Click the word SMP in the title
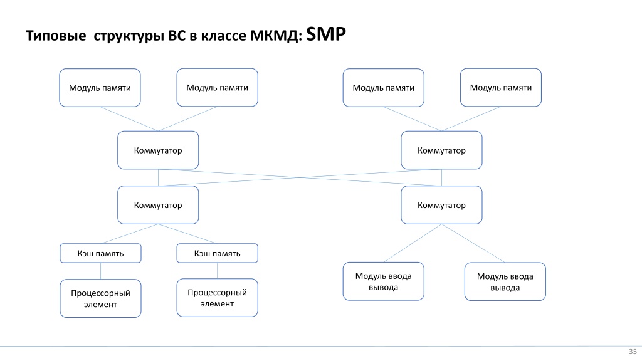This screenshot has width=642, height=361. point(326,34)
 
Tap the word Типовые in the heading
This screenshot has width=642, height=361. point(56,36)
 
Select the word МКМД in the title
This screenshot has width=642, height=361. point(275,36)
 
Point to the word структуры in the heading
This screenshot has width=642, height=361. point(129,36)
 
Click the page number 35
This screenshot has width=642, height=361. point(633,352)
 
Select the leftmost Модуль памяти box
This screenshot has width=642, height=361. point(100,88)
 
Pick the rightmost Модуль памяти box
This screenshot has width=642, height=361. point(501,88)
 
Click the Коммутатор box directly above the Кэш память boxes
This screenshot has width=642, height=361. point(158,205)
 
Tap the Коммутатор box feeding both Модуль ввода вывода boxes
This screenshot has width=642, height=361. point(441,205)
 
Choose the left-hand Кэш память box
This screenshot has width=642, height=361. point(101,253)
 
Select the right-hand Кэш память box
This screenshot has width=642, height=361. point(217,253)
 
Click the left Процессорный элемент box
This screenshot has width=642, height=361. point(101,298)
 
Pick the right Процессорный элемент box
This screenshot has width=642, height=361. point(217,298)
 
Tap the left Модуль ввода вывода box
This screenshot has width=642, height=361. point(383,281)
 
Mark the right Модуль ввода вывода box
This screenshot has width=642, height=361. point(505,281)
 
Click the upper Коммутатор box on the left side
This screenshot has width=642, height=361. point(158,150)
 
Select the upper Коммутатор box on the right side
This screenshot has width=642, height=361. point(441,150)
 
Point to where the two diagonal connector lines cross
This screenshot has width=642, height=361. point(300,177)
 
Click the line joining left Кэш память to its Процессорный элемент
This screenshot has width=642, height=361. point(101,271)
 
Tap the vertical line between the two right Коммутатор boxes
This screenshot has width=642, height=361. point(441,177)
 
